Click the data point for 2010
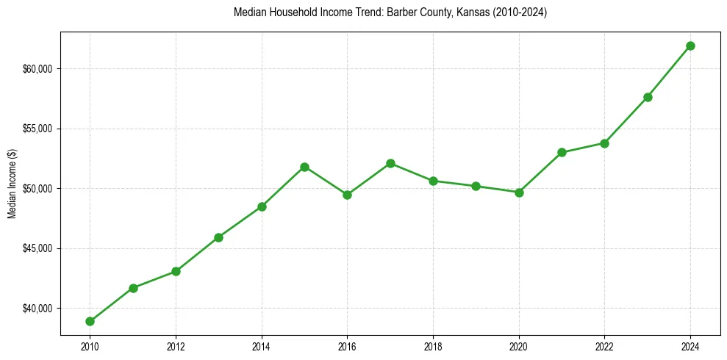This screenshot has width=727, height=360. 90,321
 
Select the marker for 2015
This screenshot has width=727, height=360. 304,167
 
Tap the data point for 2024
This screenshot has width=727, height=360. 690,46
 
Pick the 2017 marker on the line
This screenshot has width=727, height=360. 390,163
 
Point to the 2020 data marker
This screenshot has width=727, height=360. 519,192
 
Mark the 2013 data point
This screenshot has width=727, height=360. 218,237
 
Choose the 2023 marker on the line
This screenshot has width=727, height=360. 648,97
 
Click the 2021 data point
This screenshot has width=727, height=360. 562,152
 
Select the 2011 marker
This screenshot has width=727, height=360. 133,288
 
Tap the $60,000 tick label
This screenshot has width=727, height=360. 37,69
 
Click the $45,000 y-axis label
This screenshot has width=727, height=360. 37,248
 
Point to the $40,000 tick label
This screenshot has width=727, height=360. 37,308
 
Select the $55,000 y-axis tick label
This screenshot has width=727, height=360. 37,129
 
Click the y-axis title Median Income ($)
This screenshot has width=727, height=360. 12,188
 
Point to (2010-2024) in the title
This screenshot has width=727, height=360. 519,12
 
